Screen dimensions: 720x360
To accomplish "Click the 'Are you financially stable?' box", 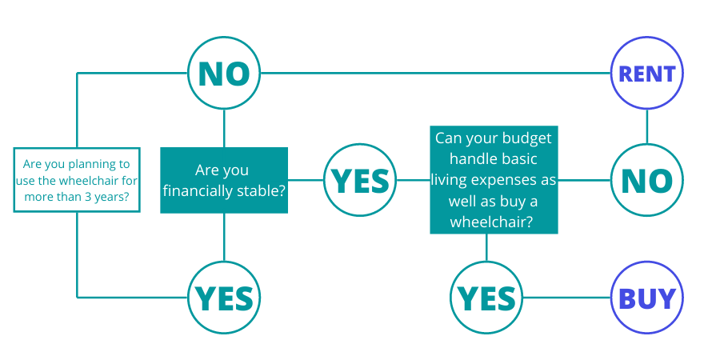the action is pyautogui.click(x=224, y=180).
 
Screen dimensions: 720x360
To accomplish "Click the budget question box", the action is pyautogui.click(x=494, y=179).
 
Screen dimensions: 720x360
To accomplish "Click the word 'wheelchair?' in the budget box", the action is pyautogui.click(x=491, y=222).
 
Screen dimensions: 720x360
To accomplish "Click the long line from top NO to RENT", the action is pyautogui.click(x=435, y=73).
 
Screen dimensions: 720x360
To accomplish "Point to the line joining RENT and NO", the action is pyautogui.click(x=646, y=126).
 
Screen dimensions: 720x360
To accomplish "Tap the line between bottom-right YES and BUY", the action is pyautogui.click(x=566, y=298).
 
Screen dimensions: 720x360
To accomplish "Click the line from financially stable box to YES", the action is pyautogui.click(x=306, y=180).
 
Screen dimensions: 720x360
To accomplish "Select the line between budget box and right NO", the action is pyautogui.click(x=584, y=180).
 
